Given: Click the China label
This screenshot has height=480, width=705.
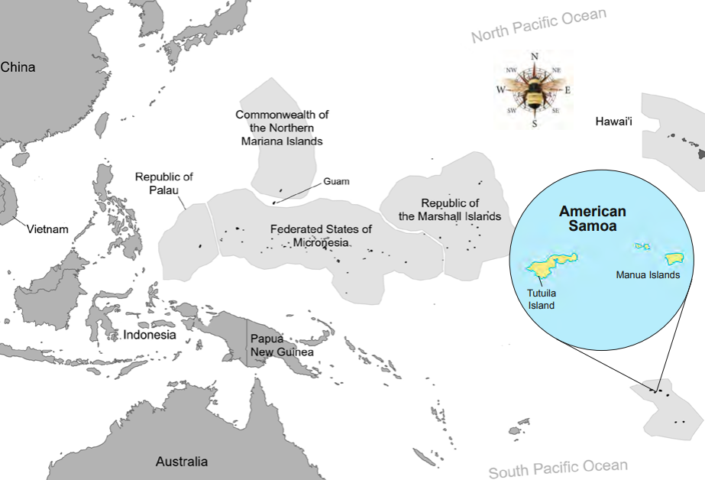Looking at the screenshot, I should click(18, 67).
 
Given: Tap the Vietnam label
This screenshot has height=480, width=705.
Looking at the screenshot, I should click(48, 229).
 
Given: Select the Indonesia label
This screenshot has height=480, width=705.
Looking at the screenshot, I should click(150, 335).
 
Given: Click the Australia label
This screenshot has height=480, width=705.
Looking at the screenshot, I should click(181, 462).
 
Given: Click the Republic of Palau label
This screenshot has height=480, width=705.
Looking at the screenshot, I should click(164, 183).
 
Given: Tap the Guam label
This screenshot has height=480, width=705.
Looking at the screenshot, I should click(336, 182).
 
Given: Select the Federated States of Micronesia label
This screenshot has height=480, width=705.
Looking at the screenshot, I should click(321, 235).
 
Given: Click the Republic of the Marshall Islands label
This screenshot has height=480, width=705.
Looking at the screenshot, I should click(450, 209).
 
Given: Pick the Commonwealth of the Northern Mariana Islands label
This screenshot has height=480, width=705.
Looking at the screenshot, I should click(282, 128).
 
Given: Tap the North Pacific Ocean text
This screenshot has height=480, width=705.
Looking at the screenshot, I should click(538, 25).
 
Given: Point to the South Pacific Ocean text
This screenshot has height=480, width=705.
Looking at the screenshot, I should click(558, 468).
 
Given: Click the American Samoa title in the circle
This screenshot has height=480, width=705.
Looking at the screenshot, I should click(592, 219).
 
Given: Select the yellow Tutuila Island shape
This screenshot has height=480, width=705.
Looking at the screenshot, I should click(551, 266).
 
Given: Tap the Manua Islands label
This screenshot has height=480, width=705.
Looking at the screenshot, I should click(648, 275).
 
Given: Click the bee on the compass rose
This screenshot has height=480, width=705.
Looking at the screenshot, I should click(535, 89).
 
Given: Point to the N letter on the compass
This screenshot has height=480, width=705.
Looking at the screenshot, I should click(535, 57).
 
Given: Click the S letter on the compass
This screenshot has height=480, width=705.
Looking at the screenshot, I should click(534, 123).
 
